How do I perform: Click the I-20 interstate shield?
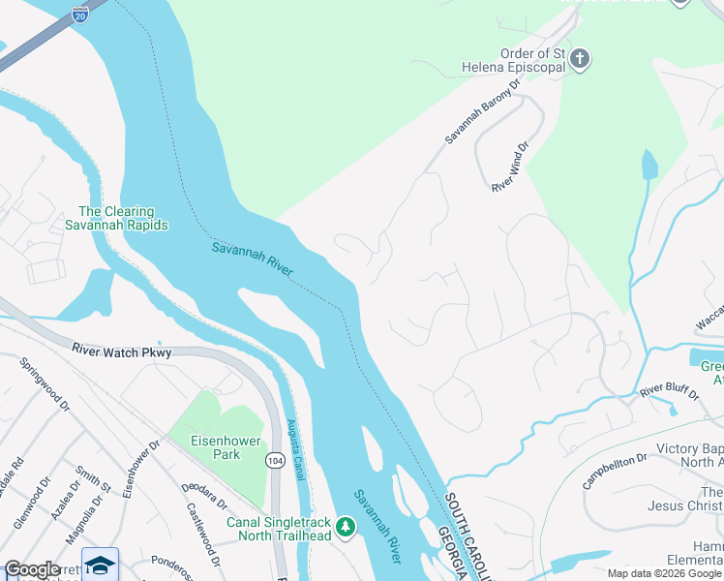[79, 14]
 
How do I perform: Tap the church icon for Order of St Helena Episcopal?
[580, 60]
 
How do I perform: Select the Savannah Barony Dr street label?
[483, 111]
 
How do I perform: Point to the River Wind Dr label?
[511, 168]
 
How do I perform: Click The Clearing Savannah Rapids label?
[123, 218]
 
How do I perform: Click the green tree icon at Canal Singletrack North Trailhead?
[346, 527]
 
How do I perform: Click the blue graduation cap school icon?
[100, 566]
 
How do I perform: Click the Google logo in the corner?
[32, 569]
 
